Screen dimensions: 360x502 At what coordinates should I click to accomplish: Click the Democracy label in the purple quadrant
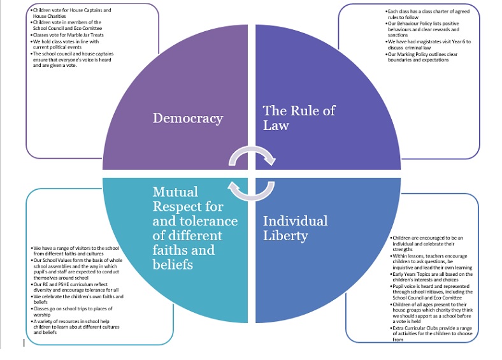[188, 119]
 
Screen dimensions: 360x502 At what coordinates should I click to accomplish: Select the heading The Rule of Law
[299, 118]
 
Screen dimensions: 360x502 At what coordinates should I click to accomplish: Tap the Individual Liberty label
[295, 228]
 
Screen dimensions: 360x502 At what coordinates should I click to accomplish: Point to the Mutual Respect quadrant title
[195, 227]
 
